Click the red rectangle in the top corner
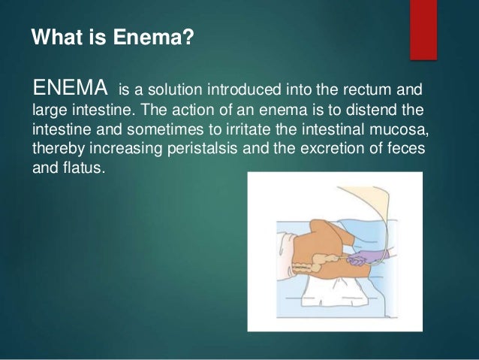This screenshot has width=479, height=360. click(x=423, y=29)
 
